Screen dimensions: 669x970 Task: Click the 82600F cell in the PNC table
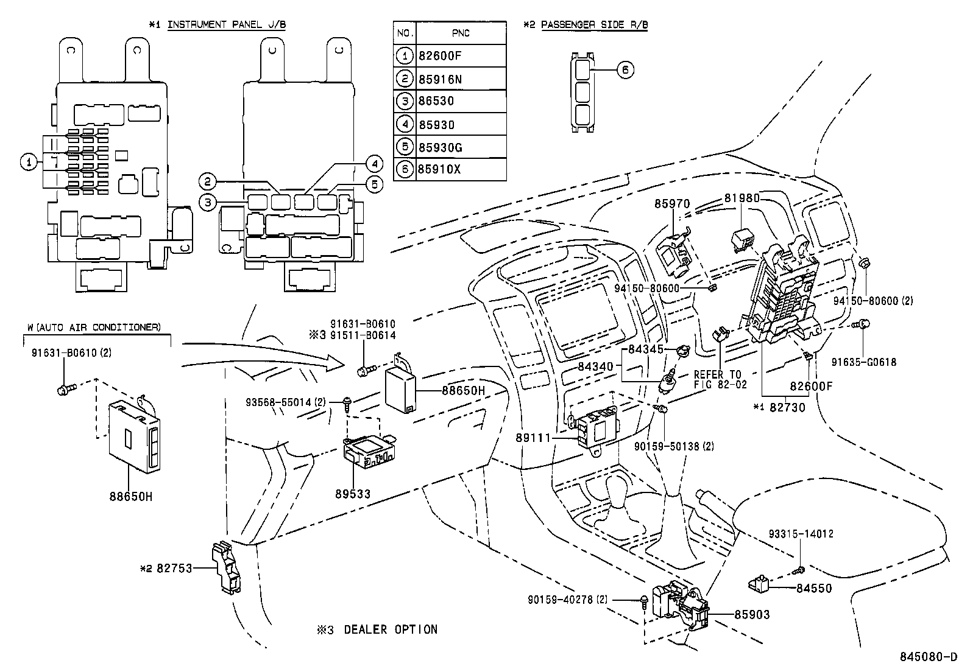pyautogui.click(x=440, y=56)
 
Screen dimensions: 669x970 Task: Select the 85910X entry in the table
pyautogui.click(x=439, y=169)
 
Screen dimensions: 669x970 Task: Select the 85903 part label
pyautogui.click(x=751, y=615)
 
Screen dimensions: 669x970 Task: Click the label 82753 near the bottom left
pyautogui.click(x=174, y=569)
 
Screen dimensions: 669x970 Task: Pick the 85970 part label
pyautogui.click(x=673, y=204)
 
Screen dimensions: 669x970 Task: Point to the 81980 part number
pyautogui.click(x=742, y=198)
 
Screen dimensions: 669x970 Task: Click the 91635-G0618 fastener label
pyautogui.click(x=864, y=362)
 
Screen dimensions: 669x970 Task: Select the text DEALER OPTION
pyautogui.click(x=391, y=629)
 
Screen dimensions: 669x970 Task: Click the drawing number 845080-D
pyautogui.click(x=929, y=657)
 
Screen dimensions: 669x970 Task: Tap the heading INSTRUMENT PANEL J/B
pyautogui.click(x=226, y=24)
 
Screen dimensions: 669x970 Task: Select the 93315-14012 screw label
pyautogui.click(x=801, y=534)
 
